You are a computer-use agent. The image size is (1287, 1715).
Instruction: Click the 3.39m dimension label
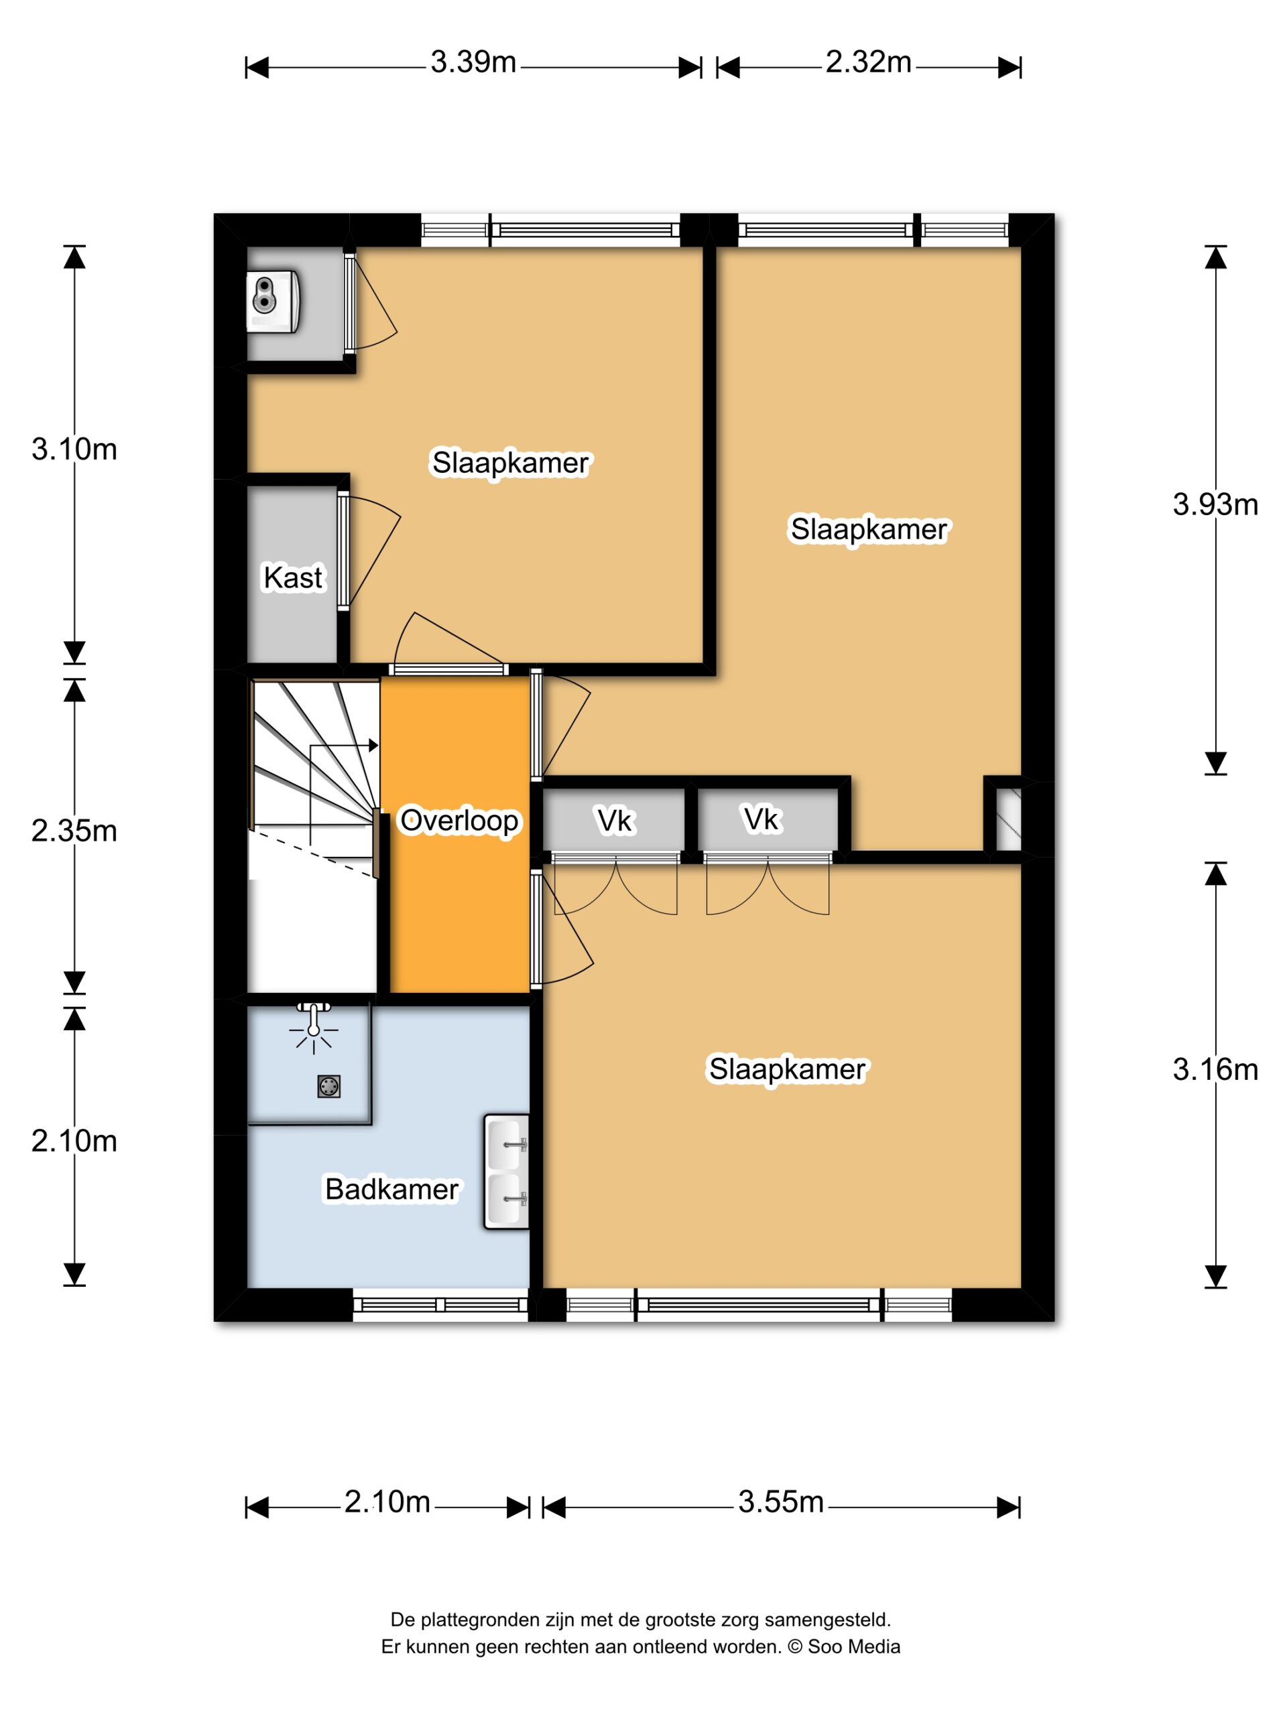coord(473,62)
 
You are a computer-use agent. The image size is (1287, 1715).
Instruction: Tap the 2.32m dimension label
coord(868,62)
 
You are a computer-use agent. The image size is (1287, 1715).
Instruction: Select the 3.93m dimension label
coord(1215,504)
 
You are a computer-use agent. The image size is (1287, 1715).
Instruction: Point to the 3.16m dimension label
coord(1215,1069)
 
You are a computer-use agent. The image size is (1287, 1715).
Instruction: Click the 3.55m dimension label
coord(780,1502)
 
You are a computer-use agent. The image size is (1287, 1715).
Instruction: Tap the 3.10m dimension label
coord(74,449)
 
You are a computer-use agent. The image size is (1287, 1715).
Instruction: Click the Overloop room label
coord(458,820)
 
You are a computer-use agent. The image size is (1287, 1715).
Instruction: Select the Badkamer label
coord(391,1188)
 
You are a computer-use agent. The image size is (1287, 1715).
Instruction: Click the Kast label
coord(292,577)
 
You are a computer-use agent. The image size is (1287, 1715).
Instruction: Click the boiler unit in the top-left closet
coord(273,301)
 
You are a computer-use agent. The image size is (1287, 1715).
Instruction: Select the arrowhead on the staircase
coord(373,745)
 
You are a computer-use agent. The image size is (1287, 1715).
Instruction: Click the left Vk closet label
coord(615,820)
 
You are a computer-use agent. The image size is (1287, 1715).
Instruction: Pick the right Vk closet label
coord(761,819)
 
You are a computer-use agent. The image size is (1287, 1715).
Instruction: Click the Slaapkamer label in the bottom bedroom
coord(787,1069)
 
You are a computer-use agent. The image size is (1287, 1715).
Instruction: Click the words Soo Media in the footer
coord(854,1646)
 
